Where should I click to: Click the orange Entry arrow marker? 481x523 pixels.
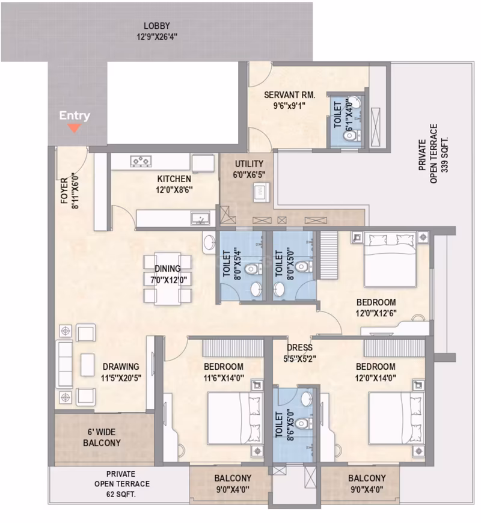(75, 127)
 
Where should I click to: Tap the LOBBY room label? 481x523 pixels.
(156, 31)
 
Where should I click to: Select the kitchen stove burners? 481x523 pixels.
(141, 161)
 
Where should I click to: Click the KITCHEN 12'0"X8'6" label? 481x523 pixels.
(174, 184)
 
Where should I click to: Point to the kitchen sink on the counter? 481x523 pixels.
(201, 218)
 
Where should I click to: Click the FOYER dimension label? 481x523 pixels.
(70, 191)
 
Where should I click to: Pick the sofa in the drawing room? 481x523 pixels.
(63, 365)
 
